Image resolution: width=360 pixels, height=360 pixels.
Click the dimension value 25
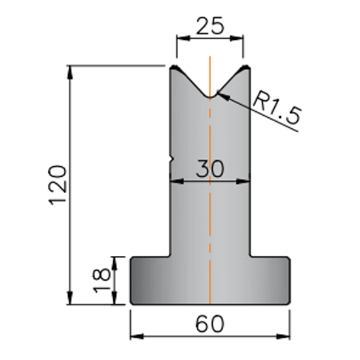tap(210, 26)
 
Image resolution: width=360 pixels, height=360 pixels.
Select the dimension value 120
tap(58, 185)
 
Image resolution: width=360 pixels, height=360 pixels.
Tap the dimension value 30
tap(209, 169)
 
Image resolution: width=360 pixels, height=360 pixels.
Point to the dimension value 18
tap(101, 280)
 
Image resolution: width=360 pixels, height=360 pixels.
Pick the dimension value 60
tap(209, 324)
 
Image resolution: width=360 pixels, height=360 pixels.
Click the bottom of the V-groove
tap(210, 97)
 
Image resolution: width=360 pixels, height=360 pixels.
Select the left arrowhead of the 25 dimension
tap(183, 39)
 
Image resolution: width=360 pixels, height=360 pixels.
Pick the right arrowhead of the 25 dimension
tap(236, 39)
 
